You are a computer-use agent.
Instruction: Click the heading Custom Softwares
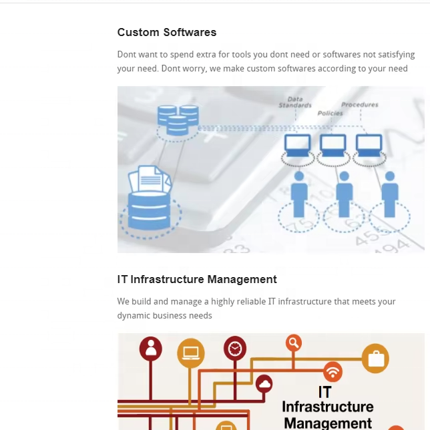(167, 32)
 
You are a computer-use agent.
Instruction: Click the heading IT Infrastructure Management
(197, 279)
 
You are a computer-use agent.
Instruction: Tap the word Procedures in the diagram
(360, 105)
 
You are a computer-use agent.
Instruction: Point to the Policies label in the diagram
(330, 114)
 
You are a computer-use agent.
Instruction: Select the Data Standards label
(295, 102)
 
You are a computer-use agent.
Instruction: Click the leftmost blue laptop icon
(298, 144)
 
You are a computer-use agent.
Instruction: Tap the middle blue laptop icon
(333, 144)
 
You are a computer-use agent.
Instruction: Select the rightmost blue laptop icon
(369, 144)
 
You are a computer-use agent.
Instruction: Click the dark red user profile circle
(151, 348)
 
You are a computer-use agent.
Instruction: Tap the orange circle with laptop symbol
(191, 352)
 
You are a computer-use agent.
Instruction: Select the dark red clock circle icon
(235, 348)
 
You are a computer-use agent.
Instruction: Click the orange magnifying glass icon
(294, 343)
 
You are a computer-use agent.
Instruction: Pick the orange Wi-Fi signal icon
(333, 371)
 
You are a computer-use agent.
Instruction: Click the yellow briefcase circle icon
(376, 359)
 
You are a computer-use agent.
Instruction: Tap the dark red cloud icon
(264, 383)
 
